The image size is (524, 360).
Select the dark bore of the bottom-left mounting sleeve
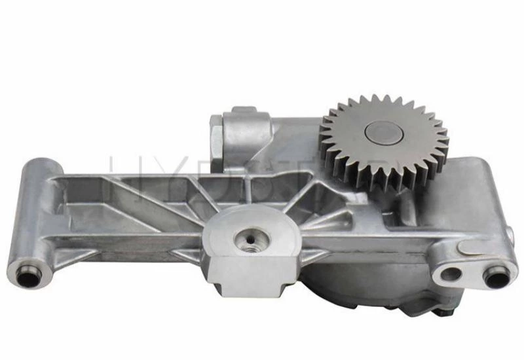click(27, 279)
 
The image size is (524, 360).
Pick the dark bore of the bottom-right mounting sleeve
click(496, 278)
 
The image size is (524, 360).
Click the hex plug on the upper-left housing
click(215, 134)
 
